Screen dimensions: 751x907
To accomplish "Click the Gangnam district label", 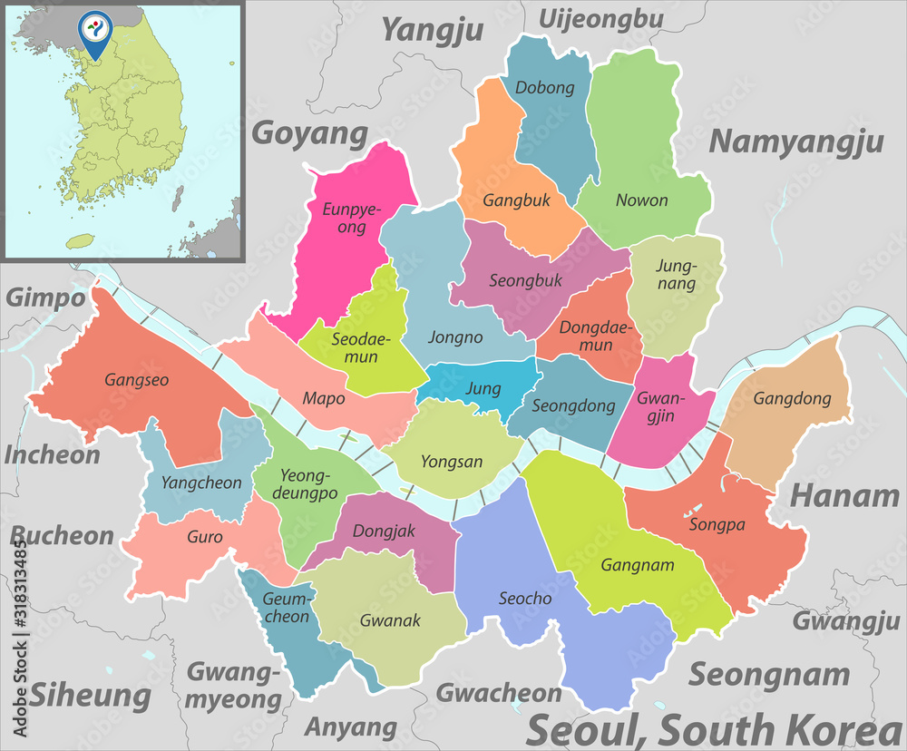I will tap(638, 565).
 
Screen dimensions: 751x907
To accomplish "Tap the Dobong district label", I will tap(544, 88).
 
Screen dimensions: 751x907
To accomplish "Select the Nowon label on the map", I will tap(641, 200).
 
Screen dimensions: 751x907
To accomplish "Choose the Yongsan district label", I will tap(452, 462).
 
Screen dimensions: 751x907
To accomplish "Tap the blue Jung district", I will tap(483, 388).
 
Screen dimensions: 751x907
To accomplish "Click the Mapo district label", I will tap(323, 396).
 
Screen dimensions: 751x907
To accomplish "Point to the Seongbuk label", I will tap(525, 280).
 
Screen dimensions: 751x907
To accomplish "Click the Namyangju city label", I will tap(795, 141).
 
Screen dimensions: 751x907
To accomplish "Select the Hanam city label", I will tap(844, 495).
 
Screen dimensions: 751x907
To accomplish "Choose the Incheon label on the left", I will tap(52, 454).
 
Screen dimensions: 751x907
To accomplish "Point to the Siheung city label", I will tap(90, 696).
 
